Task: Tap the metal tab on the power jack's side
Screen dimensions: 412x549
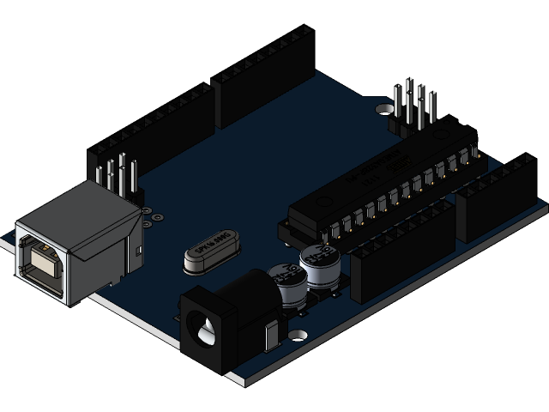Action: [274, 335]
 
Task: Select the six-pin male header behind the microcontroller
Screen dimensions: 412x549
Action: [413, 107]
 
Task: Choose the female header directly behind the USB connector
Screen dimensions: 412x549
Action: [150, 129]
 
